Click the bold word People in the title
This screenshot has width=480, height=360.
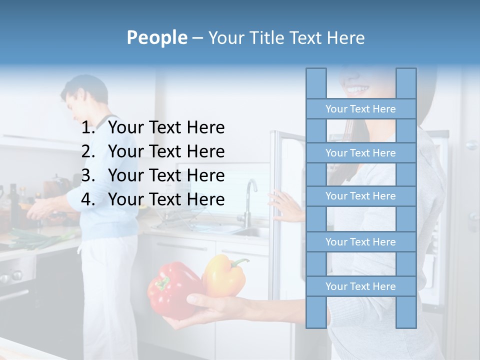point(156,37)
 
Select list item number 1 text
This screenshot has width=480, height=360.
point(166,127)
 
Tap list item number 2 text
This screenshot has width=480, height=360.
point(166,151)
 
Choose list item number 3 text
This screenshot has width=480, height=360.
point(166,175)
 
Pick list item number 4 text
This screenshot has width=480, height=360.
point(166,199)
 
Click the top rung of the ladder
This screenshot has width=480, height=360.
point(360,109)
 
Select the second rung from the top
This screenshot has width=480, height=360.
point(360,153)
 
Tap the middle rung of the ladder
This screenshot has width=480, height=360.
point(360,196)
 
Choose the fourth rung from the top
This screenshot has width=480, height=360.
point(360,242)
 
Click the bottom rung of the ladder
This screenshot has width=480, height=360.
point(360,286)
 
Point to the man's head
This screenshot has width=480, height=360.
point(84,95)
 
